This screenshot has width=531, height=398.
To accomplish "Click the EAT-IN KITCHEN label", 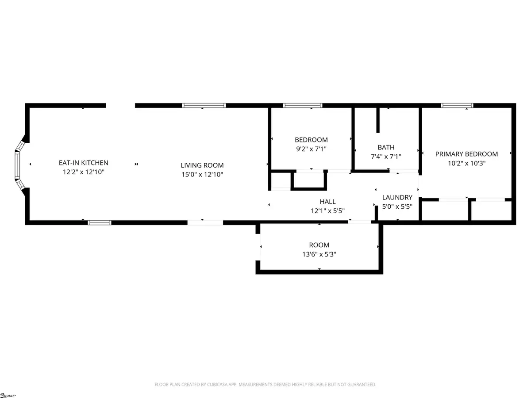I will tap(84, 163).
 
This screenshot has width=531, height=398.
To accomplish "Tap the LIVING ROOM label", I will tap(202, 165).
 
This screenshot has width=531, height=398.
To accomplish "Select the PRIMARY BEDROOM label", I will tap(466, 154).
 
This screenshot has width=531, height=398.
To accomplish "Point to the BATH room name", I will tap(386, 147).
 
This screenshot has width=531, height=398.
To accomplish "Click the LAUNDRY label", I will tap(397, 197).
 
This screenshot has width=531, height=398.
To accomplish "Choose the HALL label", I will tap(327, 202).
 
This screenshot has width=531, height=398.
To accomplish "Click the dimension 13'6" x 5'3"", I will tap(319, 254).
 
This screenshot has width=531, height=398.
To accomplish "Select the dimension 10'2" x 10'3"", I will tap(466, 163).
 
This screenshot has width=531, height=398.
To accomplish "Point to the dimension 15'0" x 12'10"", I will tap(202, 175).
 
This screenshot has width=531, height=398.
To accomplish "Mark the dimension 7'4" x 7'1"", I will tap(386, 157).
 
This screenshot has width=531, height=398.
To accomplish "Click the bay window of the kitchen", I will tap(19, 164).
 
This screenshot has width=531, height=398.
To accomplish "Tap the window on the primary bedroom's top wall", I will tap(457, 106).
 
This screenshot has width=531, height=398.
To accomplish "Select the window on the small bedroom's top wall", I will tap(303, 106).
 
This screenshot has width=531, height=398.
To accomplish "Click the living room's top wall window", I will tap(204, 106).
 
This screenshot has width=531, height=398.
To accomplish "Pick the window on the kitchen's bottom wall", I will tap(97, 222).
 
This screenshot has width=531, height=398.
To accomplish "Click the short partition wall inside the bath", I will tap(378, 120).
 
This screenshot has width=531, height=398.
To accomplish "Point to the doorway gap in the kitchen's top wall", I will tap(120, 106).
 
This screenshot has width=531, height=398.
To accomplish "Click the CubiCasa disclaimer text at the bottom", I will tap(265, 384).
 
